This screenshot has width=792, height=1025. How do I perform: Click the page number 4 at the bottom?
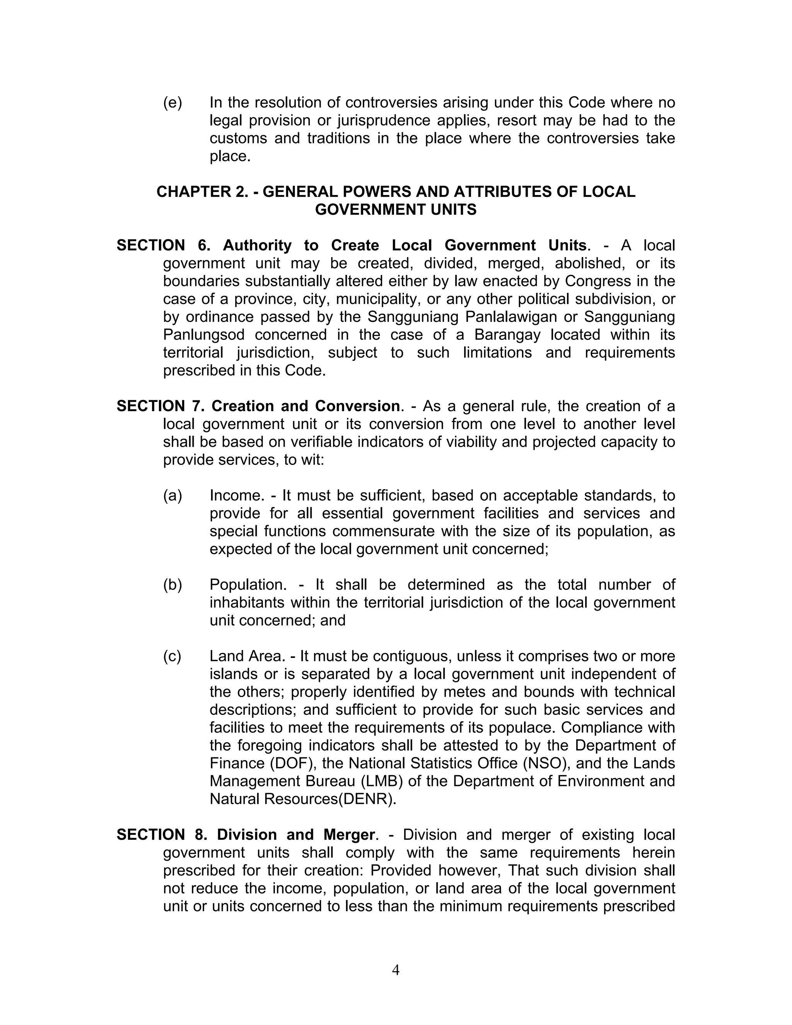(x=396, y=970)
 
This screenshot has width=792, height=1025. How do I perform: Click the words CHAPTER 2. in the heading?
(x=202, y=191)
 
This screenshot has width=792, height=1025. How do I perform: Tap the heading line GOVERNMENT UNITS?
(x=396, y=209)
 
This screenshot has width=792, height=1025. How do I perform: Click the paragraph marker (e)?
(x=172, y=102)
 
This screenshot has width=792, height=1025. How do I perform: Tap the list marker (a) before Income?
(x=172, y=495)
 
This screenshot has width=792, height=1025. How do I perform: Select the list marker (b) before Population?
(x=172, y=585)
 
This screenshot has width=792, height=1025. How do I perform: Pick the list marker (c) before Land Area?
(x=172, y=656)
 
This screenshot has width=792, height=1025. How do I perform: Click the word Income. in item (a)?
(x=237, y=495)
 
